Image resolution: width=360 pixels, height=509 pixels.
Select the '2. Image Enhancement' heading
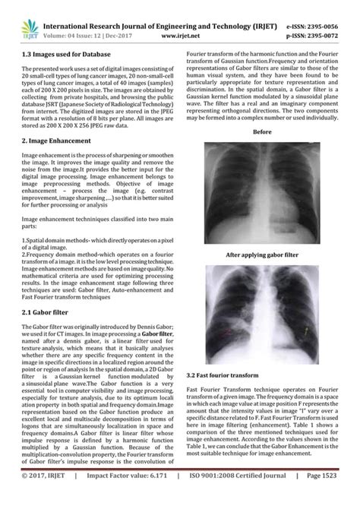pos(58,141)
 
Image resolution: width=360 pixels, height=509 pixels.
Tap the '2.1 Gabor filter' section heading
pos(51,312)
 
